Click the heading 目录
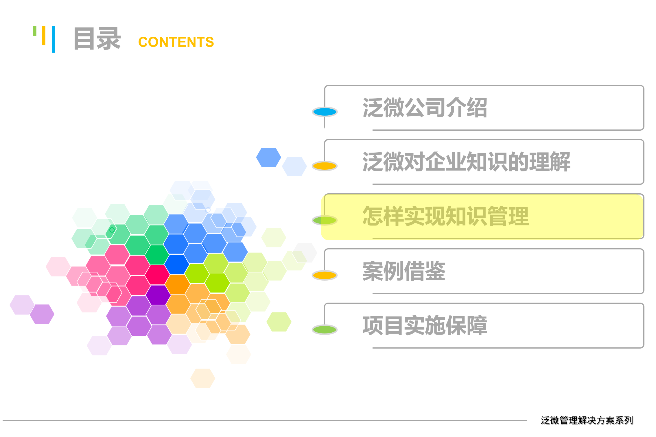click(97, 39)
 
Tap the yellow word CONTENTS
click(176, 42)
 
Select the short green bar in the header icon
click(35, 31)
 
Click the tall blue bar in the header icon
click(54, 39)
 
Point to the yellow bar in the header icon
click(44, 36)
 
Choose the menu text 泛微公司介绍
click(425, 108)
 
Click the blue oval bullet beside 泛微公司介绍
click(325, 112)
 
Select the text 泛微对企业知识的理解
click(466, 162)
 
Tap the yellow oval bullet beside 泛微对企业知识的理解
click(325, 166)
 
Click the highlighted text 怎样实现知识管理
click(445, 216)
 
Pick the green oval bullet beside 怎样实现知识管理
click(325, 221)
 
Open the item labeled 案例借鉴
click(404, 271)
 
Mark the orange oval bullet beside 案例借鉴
click(325, 275)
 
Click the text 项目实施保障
click(425, 325)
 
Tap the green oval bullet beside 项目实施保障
click(325, 329)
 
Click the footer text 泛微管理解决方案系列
click(587, 420)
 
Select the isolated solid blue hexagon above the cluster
click(268, 157)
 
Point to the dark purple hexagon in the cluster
click(158, 295)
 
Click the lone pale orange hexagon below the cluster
click(202, 378)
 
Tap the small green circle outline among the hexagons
click(112, 230)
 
